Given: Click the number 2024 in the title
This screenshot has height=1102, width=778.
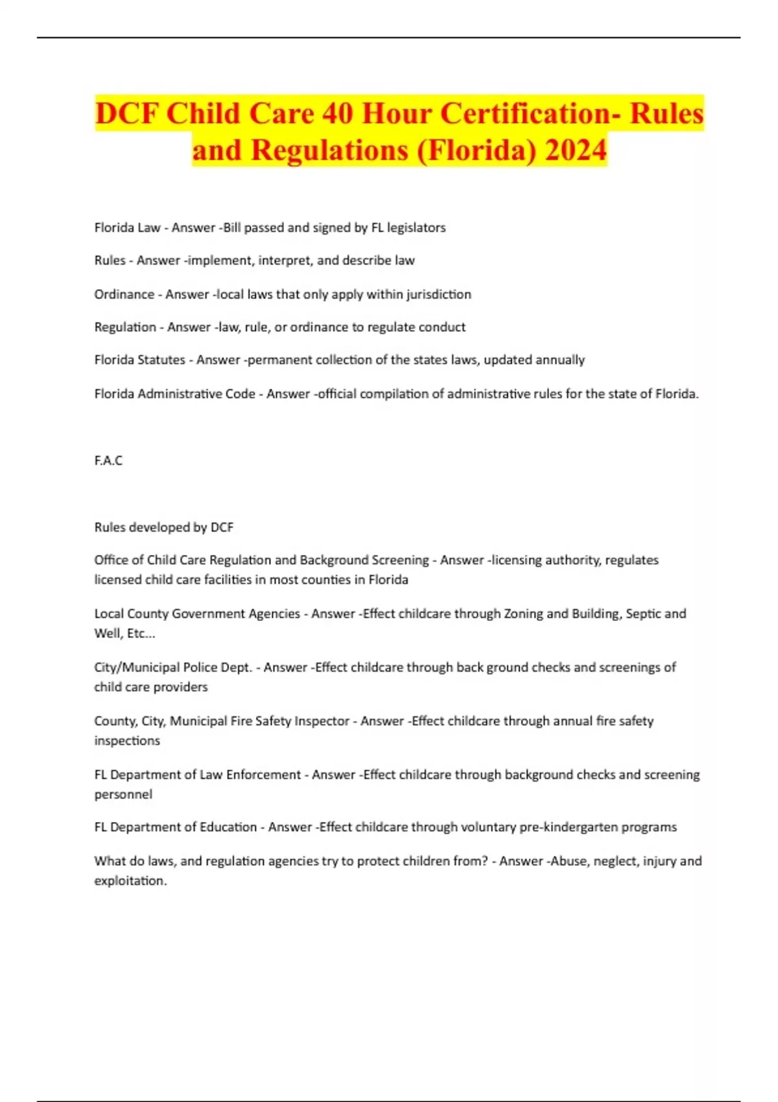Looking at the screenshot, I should pos(576,150).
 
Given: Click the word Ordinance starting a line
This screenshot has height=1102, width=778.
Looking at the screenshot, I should pos(124,294).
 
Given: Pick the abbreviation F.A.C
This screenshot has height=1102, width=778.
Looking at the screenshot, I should pos(108,460).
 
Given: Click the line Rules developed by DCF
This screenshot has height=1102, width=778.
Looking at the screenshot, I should pos(163,527).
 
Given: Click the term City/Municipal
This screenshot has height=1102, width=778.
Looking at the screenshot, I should pos(137,667).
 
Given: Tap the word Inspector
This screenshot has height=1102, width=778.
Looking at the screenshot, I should pos(318,721).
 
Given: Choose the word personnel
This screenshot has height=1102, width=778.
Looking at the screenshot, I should pos(123,794).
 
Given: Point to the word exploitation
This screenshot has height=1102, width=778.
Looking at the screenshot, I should pos(130,881).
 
